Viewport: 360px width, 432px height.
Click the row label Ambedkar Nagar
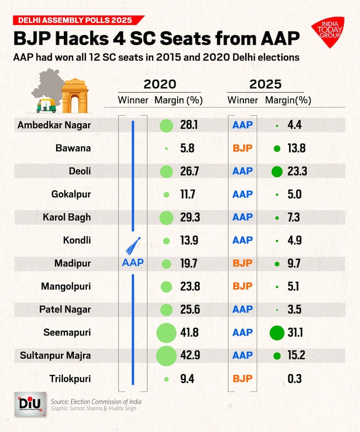(54, 125)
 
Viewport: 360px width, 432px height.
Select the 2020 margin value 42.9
(190, 356)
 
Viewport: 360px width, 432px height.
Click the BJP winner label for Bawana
(242, 148)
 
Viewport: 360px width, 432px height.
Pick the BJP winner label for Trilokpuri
(242, 379)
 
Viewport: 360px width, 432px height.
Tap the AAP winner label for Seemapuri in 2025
(242, 333)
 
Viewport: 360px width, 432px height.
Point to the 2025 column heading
(265, 84)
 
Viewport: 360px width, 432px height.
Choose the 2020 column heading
(160, 84)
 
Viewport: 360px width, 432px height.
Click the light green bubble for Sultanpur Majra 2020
(166, 356)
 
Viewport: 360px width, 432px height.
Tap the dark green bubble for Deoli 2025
(276, 171)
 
